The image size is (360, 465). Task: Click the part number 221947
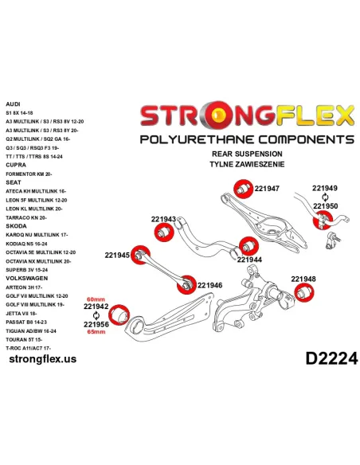coord(267,189)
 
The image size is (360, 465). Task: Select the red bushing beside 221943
coord(164,232)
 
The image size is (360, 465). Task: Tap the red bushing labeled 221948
coord(304,292)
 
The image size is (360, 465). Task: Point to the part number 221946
coord(209,285)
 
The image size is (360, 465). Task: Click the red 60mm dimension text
coord(96,299)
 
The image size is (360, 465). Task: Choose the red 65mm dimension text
coord(96,331)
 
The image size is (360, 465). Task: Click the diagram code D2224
coord(331,358)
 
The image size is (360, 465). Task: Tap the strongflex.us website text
coord(43,359)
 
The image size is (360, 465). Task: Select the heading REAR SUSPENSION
coord(247,154)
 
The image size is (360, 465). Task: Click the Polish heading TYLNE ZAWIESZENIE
coord(247,164)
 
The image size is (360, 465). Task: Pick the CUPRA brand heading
coord(16,165)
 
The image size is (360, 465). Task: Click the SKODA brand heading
coord(16,226)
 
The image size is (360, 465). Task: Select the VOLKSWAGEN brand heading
coord(27,278)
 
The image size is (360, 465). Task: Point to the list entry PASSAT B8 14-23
coord(26,322)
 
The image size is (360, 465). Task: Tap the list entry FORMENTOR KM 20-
coord(29,174)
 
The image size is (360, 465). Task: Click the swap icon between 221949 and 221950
coord(325,197)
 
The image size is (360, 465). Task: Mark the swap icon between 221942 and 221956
coord(96,315)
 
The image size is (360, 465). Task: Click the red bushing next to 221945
coord(140,255)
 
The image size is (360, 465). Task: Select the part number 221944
coord(249,260)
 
